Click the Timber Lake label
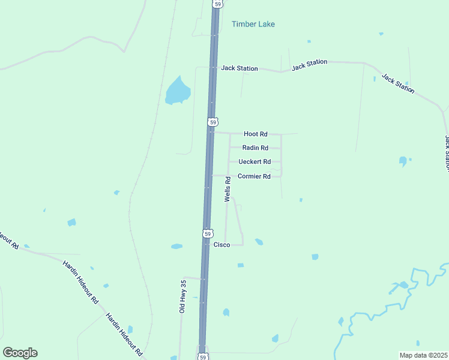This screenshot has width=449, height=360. (253, 24)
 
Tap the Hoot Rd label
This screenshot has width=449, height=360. (255, 134)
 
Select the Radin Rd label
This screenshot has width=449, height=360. (255, 148)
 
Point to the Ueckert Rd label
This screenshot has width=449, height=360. (255, 161)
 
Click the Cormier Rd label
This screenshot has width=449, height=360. (255, 176)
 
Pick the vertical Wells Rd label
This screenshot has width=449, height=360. (228, 188)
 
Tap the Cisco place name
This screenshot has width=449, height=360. (222, 245)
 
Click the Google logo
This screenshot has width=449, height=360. (20, 353)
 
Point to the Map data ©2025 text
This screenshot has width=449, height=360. (423, 355)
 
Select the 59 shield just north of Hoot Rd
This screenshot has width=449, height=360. (212, 122)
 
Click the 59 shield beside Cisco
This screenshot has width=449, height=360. (207, 233)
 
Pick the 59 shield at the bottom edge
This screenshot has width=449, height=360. (203, 356)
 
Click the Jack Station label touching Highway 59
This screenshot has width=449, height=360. (239, 68)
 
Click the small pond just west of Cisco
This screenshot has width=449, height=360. (176, 246)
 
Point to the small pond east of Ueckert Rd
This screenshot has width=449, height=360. (403, 161)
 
